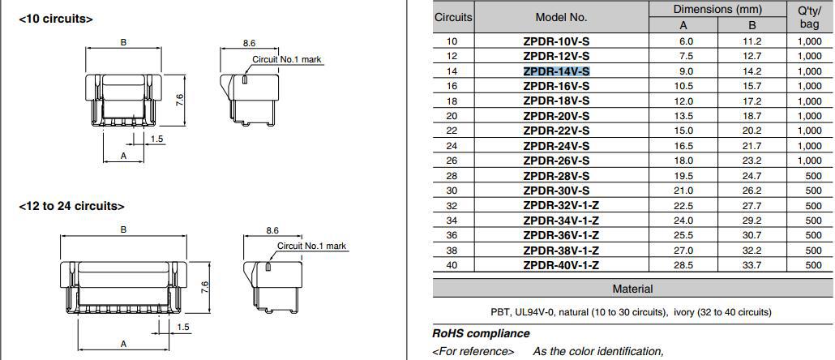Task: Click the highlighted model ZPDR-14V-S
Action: [x=556, y=71]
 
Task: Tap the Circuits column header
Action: [x=452, y=17]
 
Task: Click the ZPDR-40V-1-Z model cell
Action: [x=561, y=265]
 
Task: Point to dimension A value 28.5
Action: [x=686, y=265]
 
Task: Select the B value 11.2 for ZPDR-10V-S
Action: [x=752, y=41]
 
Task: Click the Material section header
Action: [x=632, y=289]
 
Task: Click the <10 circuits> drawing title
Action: [x=55, y=19]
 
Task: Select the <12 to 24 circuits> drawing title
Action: [x=71, y=206]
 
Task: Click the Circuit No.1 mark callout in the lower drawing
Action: [x=311, y=246]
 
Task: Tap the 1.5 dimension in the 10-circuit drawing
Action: [x=156, y=139]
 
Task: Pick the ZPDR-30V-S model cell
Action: [x=556, y=191]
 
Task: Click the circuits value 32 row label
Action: [x=452, y=205]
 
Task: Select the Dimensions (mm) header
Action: [x=717, y=9]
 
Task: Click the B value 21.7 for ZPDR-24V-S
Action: [x=752, y=145]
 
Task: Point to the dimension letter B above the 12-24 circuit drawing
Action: [x=123, y=229]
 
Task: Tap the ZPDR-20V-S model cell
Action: [x=556, y=116]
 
